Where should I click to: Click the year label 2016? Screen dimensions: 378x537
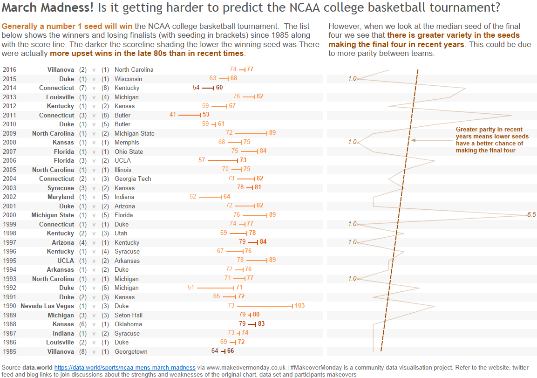9,69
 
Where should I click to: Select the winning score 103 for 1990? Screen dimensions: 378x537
299,306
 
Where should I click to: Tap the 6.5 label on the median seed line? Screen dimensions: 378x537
531,215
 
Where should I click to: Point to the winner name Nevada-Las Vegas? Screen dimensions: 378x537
47,306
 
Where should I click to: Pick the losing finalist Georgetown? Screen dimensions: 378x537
131,351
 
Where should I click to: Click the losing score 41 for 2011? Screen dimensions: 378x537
173,115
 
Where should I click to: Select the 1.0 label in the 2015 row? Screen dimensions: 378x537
352,79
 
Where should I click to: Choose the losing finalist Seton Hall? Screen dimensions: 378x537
129,315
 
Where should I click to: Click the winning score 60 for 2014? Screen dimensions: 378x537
219,88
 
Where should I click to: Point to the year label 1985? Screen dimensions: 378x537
9,351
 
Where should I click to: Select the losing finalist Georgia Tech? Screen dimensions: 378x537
133,179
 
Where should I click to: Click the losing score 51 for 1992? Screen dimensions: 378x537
191,288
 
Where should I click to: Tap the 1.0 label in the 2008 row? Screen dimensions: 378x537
352,142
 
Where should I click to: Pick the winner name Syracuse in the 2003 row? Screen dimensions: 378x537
61,188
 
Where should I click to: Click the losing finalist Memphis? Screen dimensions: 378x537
127,142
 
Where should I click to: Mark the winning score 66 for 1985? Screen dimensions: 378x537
231,351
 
